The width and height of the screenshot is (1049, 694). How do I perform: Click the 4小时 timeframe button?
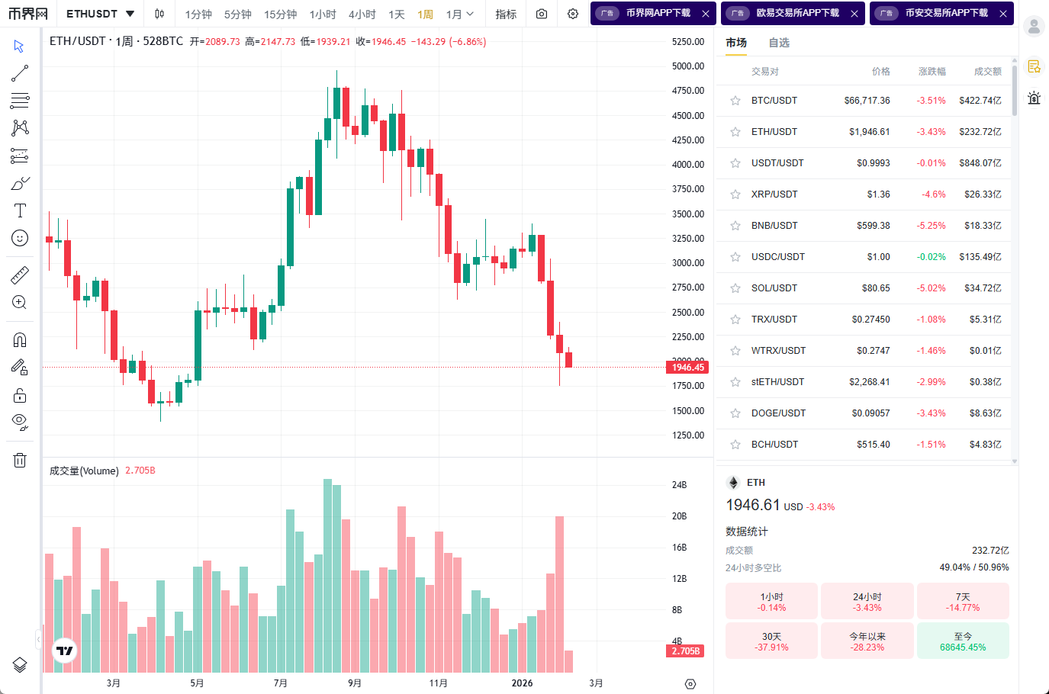tap(362, 14)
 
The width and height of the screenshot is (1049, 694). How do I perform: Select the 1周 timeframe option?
tap(425, 14)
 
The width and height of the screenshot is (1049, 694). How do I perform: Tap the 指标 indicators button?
tap(506, 14)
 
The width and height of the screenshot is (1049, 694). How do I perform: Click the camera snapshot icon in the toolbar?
tap(542, 14)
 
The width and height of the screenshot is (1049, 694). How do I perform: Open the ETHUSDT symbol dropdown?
tap(100, 14)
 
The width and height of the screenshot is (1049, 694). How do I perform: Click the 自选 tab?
tap(779, 43)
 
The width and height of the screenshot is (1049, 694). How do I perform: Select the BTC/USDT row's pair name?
tap(774, 101)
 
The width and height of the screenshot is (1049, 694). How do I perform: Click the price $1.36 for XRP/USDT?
tap(878, 194)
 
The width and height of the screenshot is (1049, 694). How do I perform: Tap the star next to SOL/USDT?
tap(735, 288)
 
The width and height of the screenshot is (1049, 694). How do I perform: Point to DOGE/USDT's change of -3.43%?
tap(931, 413)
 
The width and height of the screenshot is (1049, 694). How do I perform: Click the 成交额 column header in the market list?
tap(987, 72)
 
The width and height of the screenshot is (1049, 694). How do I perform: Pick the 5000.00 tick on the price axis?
tap(687, 66)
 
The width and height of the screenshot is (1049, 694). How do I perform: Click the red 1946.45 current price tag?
tap(687, 368)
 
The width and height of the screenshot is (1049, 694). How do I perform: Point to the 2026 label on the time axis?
tap(522, 683)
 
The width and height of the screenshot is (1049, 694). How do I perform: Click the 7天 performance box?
tap(963, 602)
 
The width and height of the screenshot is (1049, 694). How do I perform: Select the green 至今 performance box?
tap(963, 641)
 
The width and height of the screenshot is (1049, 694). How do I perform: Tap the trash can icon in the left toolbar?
tap(20, 460)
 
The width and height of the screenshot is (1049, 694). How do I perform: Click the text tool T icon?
tap(20, 210)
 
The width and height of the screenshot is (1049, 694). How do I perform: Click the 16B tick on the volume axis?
tap(679, 548)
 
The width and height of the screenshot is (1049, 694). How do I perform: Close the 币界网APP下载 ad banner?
tap(706, 14)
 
